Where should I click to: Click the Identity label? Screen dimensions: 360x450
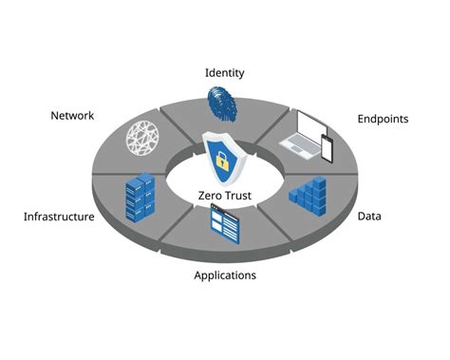tap(225, 72)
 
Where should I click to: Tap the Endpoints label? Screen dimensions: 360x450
tap(383, 119)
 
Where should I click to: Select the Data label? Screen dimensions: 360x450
tap(369, 216)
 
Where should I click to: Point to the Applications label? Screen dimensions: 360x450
tap(225, 275)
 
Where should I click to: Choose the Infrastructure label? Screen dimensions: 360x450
tap(59, 217)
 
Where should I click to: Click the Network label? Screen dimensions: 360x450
tap(72, 116)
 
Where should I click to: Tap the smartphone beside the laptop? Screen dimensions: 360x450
tap(328, 148)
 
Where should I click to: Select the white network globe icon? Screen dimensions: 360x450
tap(148, 137)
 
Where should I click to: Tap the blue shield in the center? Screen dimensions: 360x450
tap(224, 156)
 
